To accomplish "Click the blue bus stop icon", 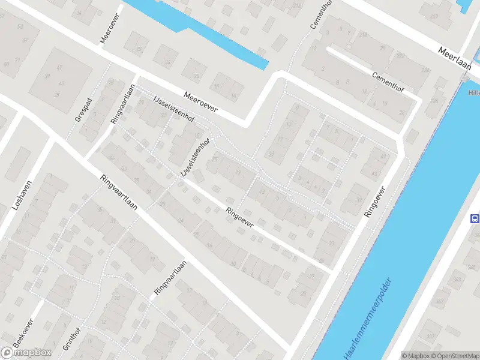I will point(475,218).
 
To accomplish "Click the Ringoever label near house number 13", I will point(239,217).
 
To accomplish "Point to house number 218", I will point(363,35).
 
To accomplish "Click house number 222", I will point(400,55).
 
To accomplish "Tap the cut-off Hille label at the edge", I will point(473,93).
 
